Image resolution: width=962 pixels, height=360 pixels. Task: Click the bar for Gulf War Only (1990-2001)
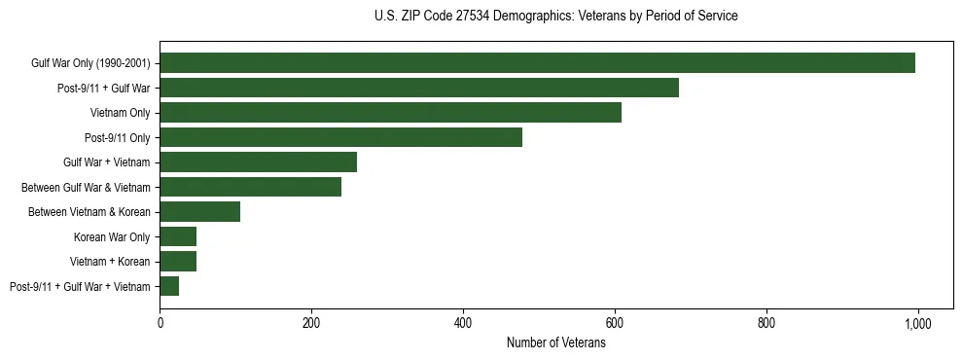pos(537,63)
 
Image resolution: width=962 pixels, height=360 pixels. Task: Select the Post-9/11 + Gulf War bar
pos(419,88)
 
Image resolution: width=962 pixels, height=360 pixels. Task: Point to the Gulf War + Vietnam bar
pos(258,162)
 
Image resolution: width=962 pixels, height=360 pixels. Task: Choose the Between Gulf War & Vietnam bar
pos(250,187)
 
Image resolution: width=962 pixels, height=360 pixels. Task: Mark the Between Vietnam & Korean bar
pos(199,212)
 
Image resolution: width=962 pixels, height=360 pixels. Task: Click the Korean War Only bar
pos(178,236)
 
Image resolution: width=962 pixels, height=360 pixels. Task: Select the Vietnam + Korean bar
pos(178,262)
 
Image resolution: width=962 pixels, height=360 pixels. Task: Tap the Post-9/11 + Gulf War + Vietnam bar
pos(169,286)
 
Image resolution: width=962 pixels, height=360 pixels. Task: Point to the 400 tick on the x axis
pos(463,323)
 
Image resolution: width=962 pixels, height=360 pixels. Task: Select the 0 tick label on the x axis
pos(160,323)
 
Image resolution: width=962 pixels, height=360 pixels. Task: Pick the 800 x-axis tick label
pos(766,323)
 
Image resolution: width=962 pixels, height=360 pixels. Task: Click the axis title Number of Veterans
pos(556,342)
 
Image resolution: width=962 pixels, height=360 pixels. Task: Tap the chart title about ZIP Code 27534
pos(555,17)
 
